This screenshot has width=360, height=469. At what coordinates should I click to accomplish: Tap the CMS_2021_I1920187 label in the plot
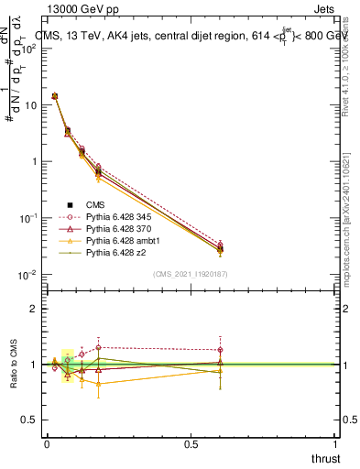(x=190, y=273)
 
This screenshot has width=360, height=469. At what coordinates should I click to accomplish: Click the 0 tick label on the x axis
(x=47, y=444)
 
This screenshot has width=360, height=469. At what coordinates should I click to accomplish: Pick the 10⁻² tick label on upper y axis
(x=28, y=275)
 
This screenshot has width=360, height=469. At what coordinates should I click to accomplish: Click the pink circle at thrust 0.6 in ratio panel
(x=220, y=350)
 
